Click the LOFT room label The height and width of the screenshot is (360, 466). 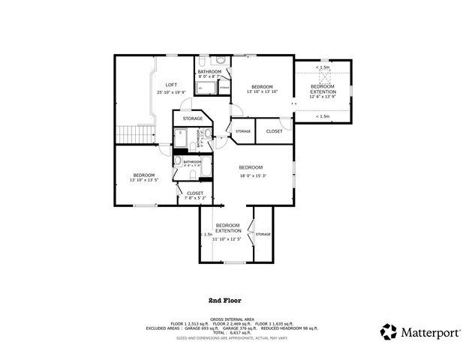click(x=171, y=85)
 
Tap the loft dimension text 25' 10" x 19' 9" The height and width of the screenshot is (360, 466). click(x=171, y=92)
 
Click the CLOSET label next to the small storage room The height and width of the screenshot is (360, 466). click(x=274, y=131)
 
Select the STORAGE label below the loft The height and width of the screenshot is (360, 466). click(x=193, y=118)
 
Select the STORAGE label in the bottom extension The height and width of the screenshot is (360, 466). click(x=263, y=234)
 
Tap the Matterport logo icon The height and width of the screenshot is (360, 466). click(x=388, y=331)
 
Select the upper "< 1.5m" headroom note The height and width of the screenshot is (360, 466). click(x=323, y=67)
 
